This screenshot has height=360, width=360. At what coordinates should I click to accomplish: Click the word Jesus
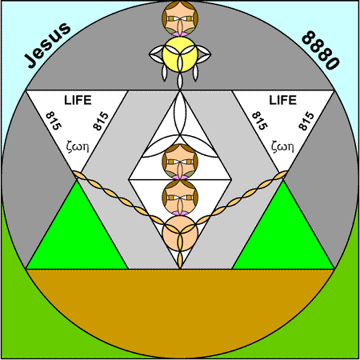click(x=48, y=45)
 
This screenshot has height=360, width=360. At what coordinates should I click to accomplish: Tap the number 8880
click(x=321, y=50)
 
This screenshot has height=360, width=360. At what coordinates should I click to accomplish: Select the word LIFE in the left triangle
click(x=78, y=100)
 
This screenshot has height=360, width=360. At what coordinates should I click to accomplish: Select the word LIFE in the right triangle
click(x=282, y=100)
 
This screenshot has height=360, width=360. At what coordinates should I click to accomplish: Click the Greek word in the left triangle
click(x=78, y=146)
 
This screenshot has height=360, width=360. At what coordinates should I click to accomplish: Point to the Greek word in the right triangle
click(x=282, y=146)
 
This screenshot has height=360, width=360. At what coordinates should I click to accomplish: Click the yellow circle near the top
click(x=180, y=54)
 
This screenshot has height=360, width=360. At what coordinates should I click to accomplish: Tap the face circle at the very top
click(x=180, y=18)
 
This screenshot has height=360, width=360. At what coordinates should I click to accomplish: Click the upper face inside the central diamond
click(x=180, y=162)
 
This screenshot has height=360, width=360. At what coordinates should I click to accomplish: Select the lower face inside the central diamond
click(x=180, y=198)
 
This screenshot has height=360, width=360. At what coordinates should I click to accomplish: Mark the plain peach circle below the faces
click(x=180, y=234)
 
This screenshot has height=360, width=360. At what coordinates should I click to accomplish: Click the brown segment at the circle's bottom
click(x=180, y=306)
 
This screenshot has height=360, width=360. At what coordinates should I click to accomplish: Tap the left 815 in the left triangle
click(x=54, y=121)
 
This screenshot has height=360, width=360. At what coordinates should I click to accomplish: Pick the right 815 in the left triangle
click(x=101, y=121)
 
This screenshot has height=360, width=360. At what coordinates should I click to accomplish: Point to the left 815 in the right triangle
click(x=259, y=121)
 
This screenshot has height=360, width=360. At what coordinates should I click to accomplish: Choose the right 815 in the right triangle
click(x=306, y=121)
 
